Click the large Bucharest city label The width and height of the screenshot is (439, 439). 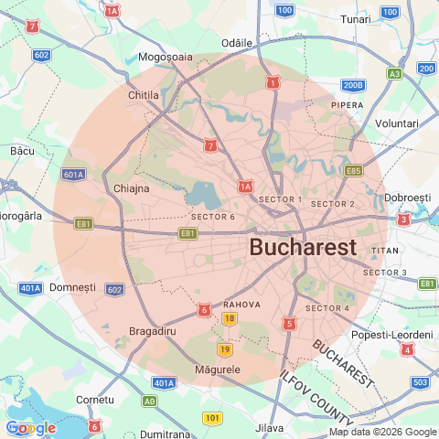click(x=303, y=247)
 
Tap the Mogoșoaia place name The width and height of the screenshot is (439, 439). click(x=166, y=57)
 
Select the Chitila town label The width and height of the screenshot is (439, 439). click(x=144, y=95)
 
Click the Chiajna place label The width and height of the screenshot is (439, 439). click(x=131, y=188)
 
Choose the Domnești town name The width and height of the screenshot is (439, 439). click(x=72, y=287)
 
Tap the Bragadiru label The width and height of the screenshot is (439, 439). click(x=153, y=330)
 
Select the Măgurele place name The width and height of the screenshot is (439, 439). click(x=218, y=370)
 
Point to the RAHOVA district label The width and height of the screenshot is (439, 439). click(x=242, y=304)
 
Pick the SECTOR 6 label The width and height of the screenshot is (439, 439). click(x=213, y=217)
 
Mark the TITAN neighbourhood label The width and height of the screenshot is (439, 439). click(x=385, y=251)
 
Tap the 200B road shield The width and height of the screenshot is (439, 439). click(x=353, y=85)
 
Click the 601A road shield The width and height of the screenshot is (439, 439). click(x=74, y=174)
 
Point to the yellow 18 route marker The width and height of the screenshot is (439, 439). click(x=229, y=318)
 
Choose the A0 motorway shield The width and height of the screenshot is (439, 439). click(x=149, y=401)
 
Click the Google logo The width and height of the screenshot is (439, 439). click(x=30, y=427)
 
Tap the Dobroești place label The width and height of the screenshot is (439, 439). click(x=407, y=198)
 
